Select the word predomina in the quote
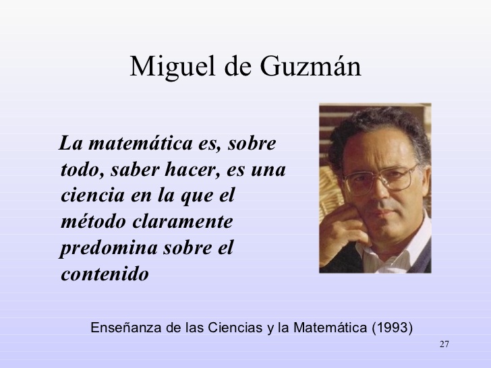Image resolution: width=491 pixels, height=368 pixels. pos(105,248)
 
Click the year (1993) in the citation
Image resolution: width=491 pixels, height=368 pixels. pos(392,328)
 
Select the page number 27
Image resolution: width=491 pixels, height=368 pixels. pos(443,345)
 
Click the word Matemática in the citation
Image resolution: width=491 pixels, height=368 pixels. pos(330,328)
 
